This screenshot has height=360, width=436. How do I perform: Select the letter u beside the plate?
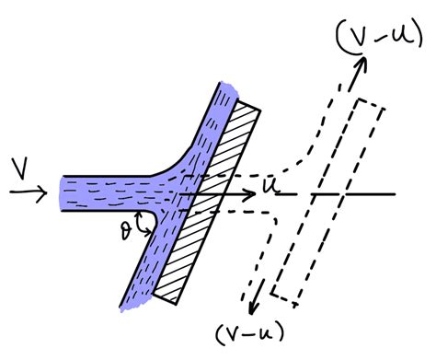268,186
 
